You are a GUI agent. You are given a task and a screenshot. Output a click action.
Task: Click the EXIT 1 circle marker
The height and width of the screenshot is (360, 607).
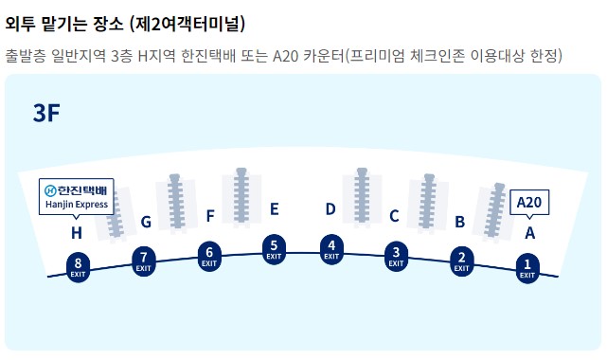[x=527, y=267]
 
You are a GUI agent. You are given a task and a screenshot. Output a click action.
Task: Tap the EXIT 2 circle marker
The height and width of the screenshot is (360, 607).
[x=461, y=260]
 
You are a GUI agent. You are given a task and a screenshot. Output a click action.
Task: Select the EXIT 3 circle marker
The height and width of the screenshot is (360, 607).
[x=396, y=254]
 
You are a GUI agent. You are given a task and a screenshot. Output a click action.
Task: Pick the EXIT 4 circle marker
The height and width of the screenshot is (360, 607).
[x=331, y=248]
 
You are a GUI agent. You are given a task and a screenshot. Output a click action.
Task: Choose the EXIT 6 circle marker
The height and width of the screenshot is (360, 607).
[x=209, y=255]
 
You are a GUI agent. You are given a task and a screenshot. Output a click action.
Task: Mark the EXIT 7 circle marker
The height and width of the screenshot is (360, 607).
[x=144, y=260]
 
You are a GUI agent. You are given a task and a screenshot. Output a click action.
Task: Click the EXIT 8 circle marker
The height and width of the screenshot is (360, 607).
[x=78, y=266]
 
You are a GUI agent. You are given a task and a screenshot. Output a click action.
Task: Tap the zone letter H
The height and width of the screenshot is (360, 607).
[x=77, y=232]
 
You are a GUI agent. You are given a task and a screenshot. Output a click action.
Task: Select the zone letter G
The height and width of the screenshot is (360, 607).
[x=146, y=223]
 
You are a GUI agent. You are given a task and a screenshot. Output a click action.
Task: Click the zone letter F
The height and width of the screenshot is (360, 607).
[x=209, y=216]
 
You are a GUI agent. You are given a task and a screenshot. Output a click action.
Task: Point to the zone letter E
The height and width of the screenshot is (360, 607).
[x=274, y=209]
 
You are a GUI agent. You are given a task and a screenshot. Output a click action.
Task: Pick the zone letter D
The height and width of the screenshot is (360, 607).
[x=330, y=209]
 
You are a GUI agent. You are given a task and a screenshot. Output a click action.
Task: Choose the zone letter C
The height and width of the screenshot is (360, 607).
[x=394, y=216]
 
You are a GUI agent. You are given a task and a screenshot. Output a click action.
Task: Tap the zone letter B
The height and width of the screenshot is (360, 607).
[x=459, y=223]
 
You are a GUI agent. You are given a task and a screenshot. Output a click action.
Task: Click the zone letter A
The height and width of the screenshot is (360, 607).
[x=529, y=232]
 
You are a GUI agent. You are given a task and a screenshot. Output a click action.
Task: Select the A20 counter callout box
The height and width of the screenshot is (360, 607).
[x=529, y=202]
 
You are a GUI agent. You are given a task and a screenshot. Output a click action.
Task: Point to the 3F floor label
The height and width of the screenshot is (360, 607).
[x=47, y=115]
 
